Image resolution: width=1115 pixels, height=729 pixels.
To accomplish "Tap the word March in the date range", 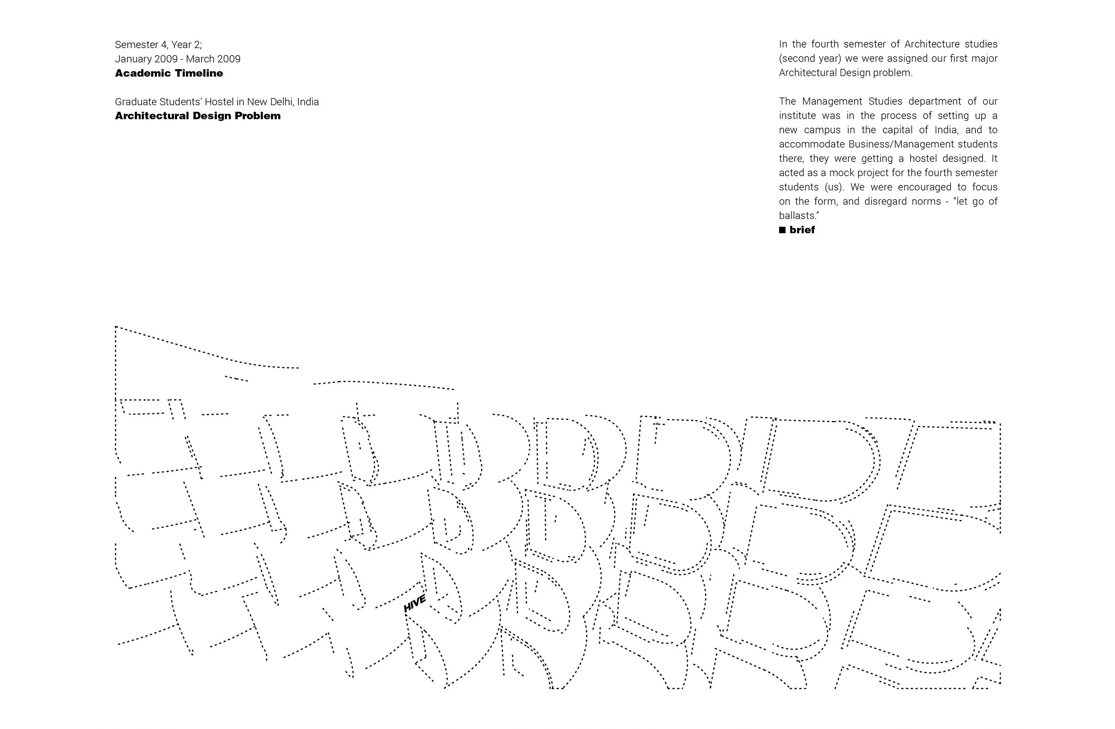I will point(198,59).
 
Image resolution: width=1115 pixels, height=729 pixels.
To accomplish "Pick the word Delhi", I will point(282,102).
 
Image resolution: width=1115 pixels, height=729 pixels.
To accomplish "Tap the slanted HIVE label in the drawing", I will point(415,603).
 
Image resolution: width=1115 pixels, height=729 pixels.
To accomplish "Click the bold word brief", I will point(802,230).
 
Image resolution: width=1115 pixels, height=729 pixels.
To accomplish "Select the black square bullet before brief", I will point(782,230).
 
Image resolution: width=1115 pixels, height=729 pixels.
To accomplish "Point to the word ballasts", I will point(798,216).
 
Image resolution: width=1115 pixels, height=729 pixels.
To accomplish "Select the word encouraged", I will point(918,187).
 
